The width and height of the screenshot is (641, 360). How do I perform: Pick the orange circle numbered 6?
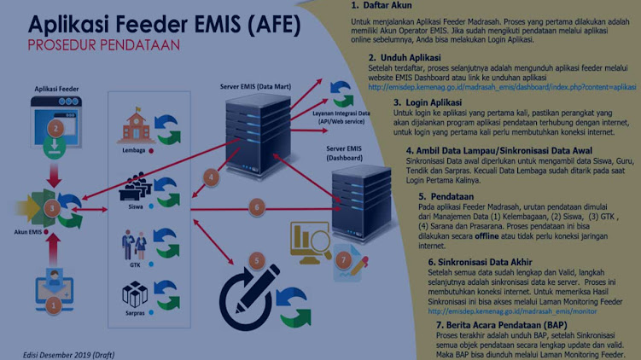click(x=254, y=206)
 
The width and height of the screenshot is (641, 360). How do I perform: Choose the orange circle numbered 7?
click(x=342, y=259)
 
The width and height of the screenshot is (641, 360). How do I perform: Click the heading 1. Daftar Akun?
click(x=382, y=6)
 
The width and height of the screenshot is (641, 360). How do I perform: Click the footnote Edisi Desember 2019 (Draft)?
click(x=68, y=353)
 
